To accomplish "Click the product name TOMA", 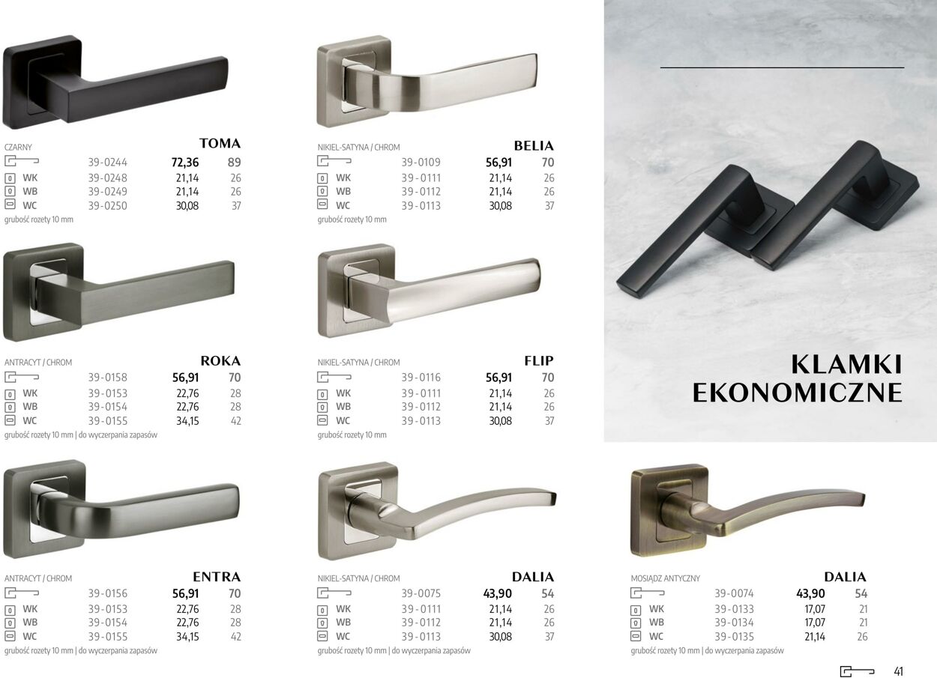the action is point(220,143).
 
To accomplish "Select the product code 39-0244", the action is point(107,162).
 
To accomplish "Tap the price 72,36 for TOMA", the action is point(185,162).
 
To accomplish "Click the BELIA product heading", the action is point(534,145).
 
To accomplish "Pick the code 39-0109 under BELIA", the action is point(421,162).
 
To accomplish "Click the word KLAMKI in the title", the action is point(846,365).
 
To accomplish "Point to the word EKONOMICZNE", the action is point(798,393).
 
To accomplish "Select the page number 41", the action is point(899,671).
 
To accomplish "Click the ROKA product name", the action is point(220,361).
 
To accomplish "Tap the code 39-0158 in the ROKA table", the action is point(107,378).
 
